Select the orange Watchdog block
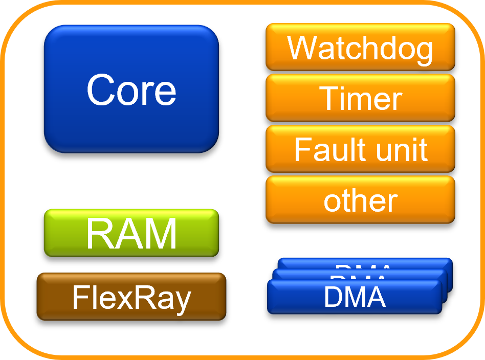(360, 47)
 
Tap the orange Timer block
(360, 98)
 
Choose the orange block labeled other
(360, 200)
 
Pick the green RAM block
(131, 233)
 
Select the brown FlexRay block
(131, 297)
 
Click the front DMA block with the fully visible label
(354, 297)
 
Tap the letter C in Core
(102, 89)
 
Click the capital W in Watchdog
(303, 48)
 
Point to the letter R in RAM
(99, 234)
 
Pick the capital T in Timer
(330, 98)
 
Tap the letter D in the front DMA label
(333, 297)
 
